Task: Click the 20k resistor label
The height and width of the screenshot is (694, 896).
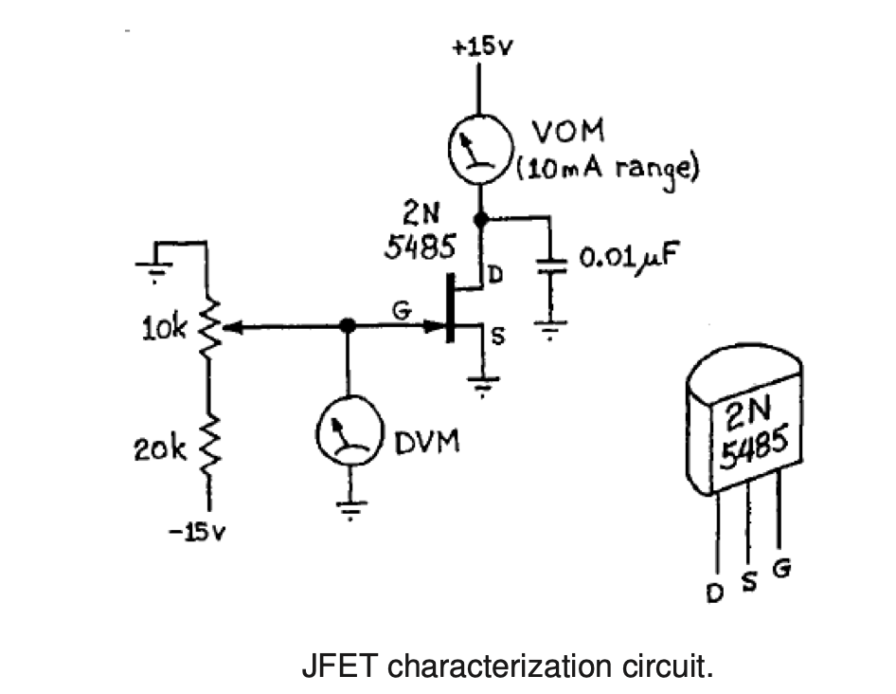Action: tap(167, 448)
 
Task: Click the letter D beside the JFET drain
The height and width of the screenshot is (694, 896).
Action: tap(493, 275)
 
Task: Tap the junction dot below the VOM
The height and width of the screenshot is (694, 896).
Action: tap(480, 219)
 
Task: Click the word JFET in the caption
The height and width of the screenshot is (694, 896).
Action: tap(341, 666)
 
